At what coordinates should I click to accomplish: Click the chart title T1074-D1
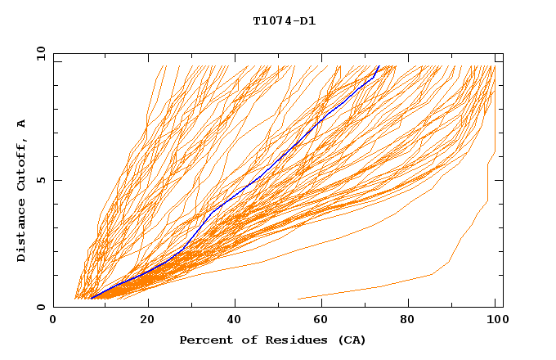(285, 20)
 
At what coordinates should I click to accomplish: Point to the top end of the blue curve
(379, 66)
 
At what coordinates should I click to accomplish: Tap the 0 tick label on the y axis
(41, 307)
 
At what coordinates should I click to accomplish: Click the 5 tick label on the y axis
(41, 180)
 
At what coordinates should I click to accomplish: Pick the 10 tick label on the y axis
(39, 53)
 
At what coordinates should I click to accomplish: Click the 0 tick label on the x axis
(53, 320)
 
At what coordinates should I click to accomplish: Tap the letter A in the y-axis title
(21, 124)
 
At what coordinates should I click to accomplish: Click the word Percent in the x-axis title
(205, 340)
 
